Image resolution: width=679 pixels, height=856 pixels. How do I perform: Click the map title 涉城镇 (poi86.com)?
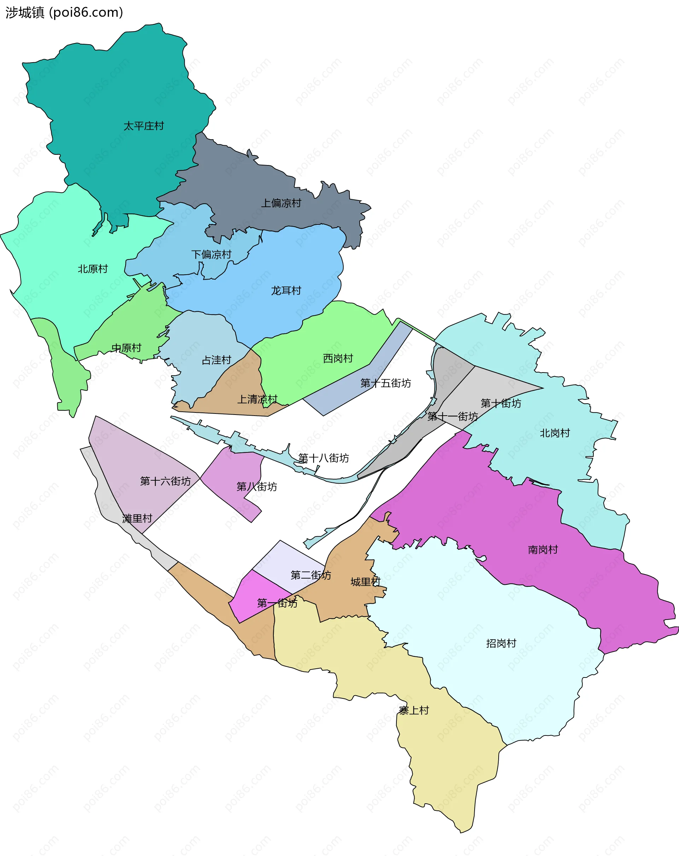tap(64, 13)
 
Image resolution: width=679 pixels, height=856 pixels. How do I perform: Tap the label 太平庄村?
tap(144, 126)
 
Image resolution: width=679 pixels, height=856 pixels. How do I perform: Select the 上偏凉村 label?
tap(281, 203)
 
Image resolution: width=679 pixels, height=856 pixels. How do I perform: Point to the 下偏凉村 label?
tap(211, 254)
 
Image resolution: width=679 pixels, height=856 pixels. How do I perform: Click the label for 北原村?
tap(93, 269)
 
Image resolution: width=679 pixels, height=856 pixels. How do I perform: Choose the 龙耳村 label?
tap(286, 291)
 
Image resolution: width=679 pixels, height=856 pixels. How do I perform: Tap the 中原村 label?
tap(126, 348)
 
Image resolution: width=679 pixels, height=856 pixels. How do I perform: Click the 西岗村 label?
tap(338, 358)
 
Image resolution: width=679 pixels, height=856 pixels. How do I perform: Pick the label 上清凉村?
tap(257, 399)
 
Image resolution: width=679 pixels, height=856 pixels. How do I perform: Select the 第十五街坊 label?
tap(385, 383)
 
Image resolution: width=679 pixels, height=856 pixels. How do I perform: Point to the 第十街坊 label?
tap(501, 403)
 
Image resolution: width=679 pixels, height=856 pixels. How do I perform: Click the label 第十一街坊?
tap(452, 416)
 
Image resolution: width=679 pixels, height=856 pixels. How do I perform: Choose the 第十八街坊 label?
tap(323, 458)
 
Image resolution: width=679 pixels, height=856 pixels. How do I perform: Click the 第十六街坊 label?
tap(165, 481)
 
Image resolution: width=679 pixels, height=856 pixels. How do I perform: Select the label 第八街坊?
tap(256, 487)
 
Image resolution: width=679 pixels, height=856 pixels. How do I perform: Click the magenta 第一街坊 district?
tap(254, 596)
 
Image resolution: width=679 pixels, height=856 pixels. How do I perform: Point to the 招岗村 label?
tap(501, 644)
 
